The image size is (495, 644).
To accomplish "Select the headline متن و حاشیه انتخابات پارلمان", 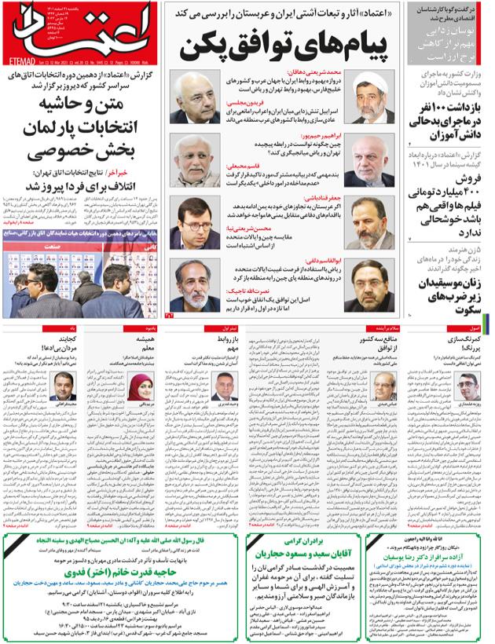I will [x=82, y=115].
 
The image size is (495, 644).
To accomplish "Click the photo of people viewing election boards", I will [x=81, y=279].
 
